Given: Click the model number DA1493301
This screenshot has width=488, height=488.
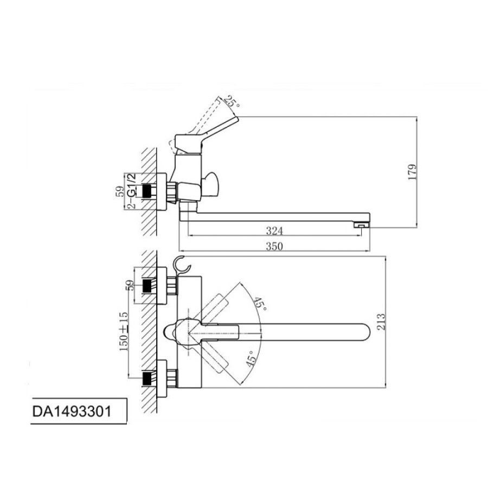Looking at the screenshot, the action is (72, 412).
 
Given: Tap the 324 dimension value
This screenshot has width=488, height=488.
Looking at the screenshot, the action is (274, 231).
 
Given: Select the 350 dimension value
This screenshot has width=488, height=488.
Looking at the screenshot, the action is (274, 246).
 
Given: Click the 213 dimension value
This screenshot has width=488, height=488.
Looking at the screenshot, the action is (381, 322).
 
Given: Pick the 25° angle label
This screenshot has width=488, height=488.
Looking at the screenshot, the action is (233, 101).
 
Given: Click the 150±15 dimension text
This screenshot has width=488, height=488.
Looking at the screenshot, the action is (124, 331).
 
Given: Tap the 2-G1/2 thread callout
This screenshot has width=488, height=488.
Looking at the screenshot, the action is (132, 190).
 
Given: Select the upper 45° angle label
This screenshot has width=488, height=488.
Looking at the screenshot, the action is (260, 304).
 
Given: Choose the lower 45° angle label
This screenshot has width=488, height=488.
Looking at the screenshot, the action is (252, 358).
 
